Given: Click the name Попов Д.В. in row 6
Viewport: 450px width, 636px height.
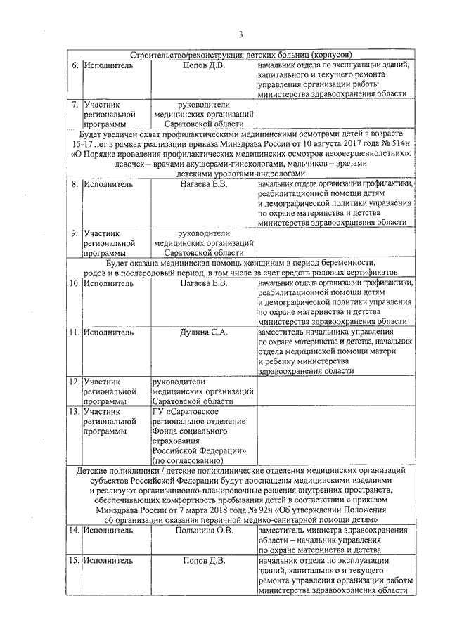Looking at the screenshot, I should (x=203, y=65).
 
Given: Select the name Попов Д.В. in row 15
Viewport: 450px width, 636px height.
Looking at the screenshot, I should (x=203, y=562).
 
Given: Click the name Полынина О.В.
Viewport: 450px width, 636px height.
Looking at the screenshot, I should (x=202, y=531).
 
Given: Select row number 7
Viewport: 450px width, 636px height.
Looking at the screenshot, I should (x=73, y=105).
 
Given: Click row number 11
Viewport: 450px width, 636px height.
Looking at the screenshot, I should (x=73, y=333).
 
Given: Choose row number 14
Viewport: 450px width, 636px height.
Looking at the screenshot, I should (x=73, y=531).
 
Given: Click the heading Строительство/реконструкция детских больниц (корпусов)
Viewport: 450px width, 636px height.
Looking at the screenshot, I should (x=240, y=54).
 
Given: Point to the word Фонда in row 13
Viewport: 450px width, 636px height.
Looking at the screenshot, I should (x=168, y=431).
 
